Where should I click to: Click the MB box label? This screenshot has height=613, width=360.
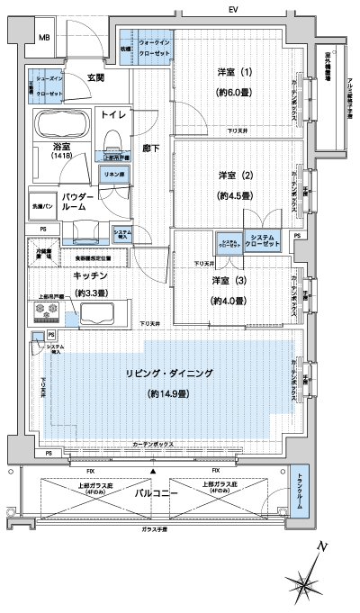[43, 37]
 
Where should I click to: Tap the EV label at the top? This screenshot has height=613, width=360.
[233, 9]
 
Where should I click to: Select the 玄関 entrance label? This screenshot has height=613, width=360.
[96, 78]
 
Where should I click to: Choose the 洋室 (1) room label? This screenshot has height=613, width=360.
[234, 72]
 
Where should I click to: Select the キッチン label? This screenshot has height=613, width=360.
[91, 276]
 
